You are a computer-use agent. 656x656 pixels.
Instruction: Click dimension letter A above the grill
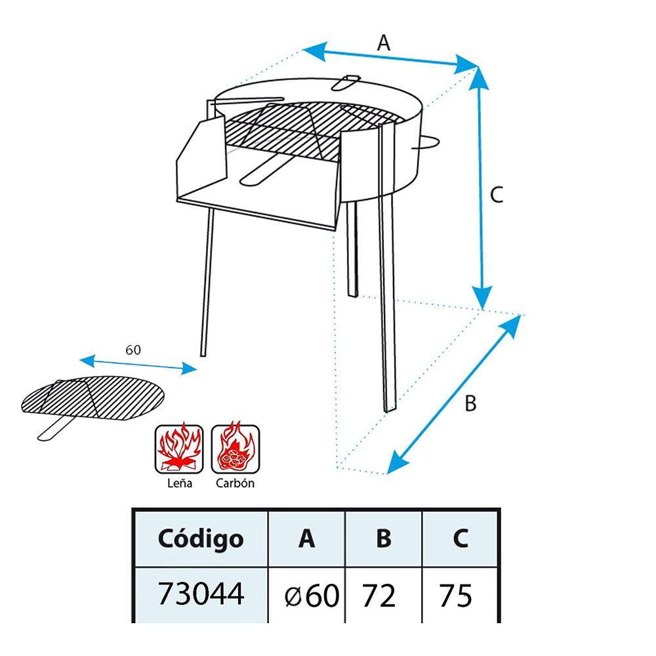coord(384,43)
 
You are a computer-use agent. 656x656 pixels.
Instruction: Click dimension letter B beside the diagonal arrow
coord(470,403)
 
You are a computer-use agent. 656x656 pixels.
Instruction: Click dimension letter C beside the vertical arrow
coord(497,194)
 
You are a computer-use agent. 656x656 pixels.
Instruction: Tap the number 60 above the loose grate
coord(133,350)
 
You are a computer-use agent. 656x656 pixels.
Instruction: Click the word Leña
coord(178,483)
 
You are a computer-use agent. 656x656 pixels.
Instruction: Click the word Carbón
coord(235,483)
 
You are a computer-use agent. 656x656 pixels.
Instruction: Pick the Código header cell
coord(200,539)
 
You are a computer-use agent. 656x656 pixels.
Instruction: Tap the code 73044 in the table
coord(200,594)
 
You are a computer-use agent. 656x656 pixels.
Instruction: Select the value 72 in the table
coord(379,596)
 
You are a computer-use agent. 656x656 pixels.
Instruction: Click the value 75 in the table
coord(455,596)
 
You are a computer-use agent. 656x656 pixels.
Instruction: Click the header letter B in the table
coord(384,539)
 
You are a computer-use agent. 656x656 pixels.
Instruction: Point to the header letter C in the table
coord(461,539)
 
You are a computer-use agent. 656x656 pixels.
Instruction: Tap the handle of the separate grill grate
coord(54,430)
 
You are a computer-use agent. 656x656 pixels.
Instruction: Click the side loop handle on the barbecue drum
coord(428,144)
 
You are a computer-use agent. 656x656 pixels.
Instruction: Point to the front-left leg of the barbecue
coord(207,282)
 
